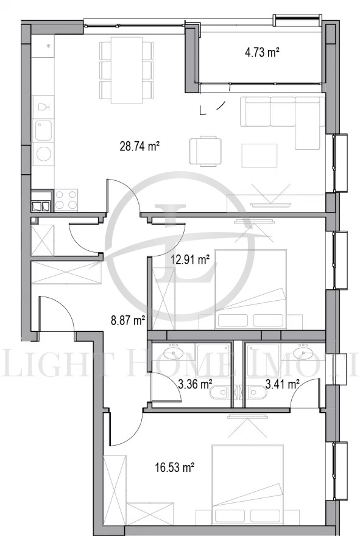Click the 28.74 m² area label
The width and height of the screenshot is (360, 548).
coord(140,146)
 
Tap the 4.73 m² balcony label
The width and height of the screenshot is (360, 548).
coord(262,52)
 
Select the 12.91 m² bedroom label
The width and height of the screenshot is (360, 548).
coord(190,259)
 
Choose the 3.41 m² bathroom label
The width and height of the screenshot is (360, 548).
coord(283,384)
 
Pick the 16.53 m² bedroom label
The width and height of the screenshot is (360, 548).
coord(175,468)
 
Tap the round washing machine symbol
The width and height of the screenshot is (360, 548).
coord(43,154)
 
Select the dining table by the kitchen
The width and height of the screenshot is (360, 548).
coord(126,69)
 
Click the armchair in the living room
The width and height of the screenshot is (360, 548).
coord(204,150)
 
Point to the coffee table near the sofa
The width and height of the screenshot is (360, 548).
coord(259,152)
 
